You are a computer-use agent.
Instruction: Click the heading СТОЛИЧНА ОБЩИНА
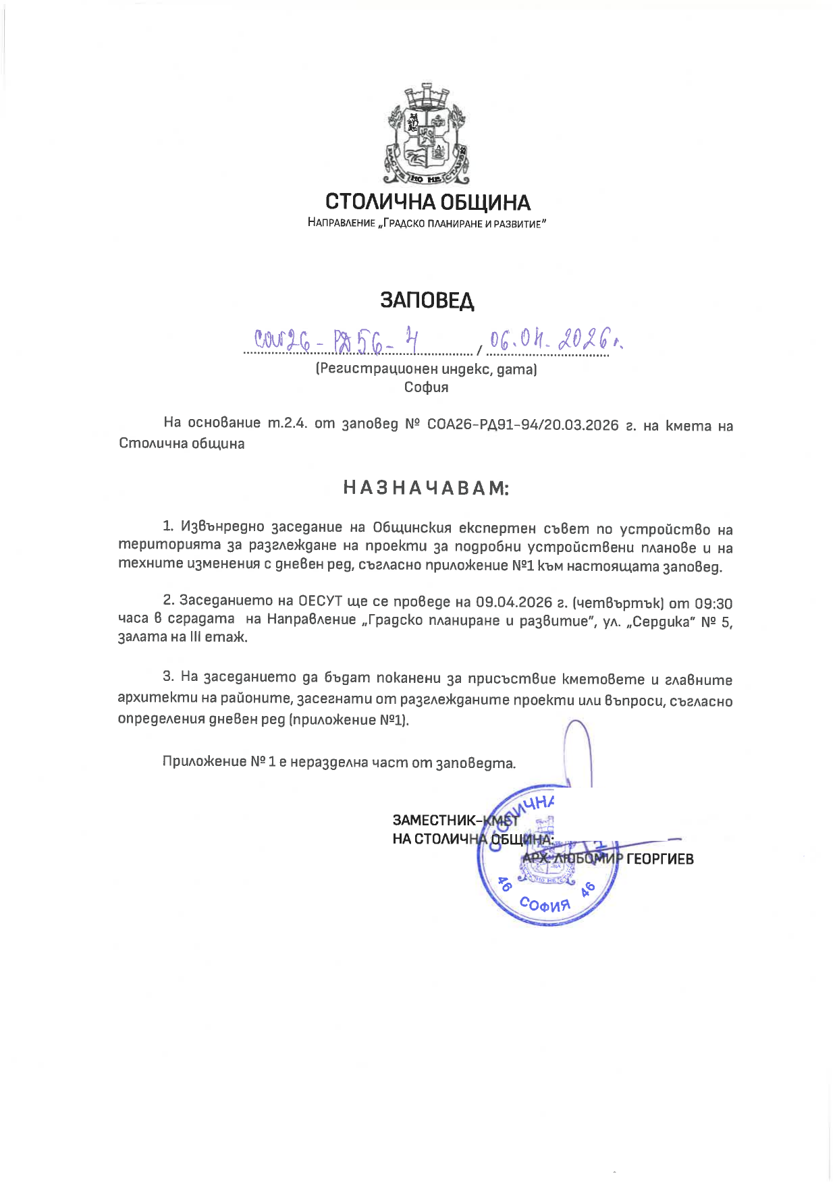428,202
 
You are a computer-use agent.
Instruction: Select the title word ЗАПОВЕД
427,300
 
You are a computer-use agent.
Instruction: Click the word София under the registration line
427,387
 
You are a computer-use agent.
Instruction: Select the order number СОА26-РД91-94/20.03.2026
523,425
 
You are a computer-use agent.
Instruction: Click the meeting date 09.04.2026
510,603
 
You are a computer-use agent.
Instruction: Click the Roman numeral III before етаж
196,637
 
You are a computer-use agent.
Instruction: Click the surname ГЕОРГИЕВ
660,859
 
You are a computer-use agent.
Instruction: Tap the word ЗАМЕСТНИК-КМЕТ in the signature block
456,820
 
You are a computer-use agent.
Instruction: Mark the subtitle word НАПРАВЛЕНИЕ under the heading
341,223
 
